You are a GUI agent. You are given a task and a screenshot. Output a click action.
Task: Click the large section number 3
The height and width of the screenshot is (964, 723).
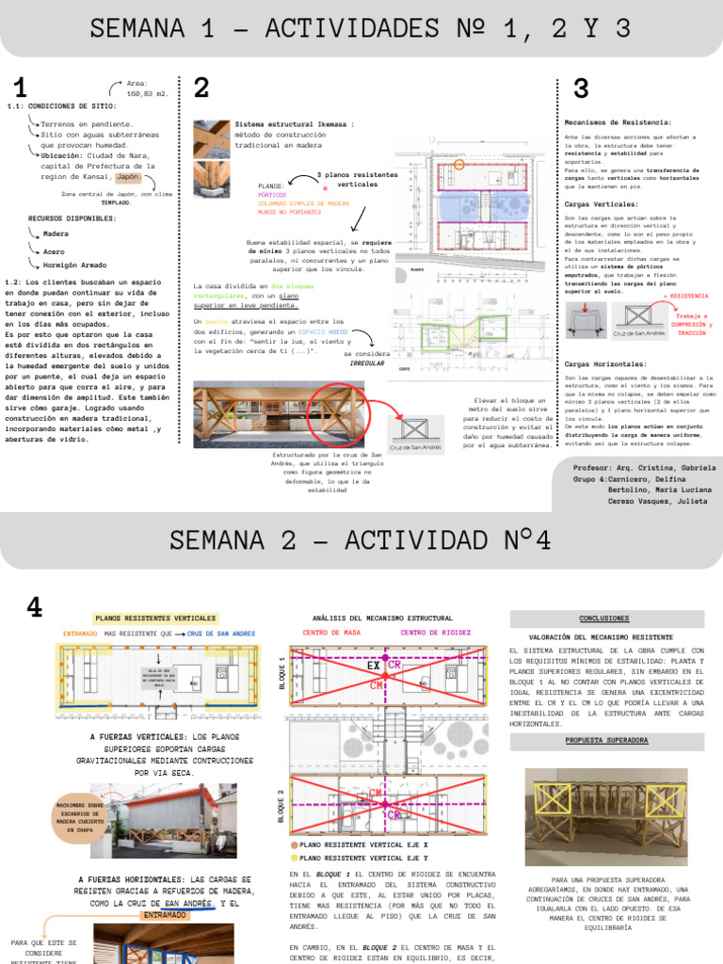pos(581,89)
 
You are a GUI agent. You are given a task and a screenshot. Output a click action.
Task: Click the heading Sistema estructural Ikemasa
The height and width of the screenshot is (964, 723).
pos(294,123)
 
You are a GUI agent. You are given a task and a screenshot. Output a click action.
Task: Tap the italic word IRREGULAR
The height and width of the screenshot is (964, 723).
pos(367,362)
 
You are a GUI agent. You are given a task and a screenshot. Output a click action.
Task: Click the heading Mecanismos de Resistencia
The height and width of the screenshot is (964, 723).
pos(617,122)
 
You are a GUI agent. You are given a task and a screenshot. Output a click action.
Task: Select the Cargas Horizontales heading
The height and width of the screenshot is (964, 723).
pos(604,363)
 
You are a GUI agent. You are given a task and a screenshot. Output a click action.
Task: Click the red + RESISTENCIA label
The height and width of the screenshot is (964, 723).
pos(686,296)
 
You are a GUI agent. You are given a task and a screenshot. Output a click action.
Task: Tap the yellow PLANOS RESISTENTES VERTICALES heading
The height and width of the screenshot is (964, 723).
pos(155,619)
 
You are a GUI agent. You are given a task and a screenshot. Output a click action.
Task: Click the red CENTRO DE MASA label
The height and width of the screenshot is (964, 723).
pos(331,633)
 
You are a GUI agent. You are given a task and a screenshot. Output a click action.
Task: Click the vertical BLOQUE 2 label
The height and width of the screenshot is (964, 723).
pos(281,806)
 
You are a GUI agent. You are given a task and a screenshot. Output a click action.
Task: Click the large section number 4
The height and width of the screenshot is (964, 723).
pos(35,608)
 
